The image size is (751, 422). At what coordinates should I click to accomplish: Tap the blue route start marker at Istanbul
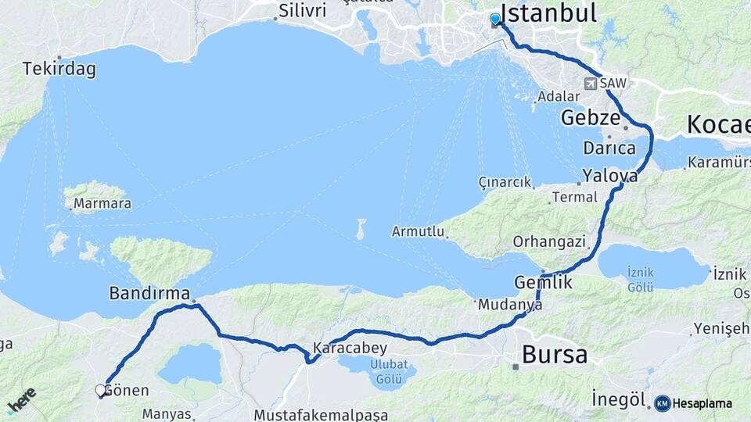(x=495, y=20)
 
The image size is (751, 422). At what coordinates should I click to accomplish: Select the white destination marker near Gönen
(x=100, y=390)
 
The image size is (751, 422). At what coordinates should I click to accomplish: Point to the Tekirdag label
(x=59, y=70)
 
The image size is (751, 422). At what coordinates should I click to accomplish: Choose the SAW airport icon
(x=590, y=83)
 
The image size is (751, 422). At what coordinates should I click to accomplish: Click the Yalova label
(x=610, y=176)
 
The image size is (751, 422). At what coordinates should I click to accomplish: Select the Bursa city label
(x=554, y=355)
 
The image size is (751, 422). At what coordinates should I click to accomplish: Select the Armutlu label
(x=419, y=232)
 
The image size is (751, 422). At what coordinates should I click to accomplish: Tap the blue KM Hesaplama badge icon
(x=663, y=403)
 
